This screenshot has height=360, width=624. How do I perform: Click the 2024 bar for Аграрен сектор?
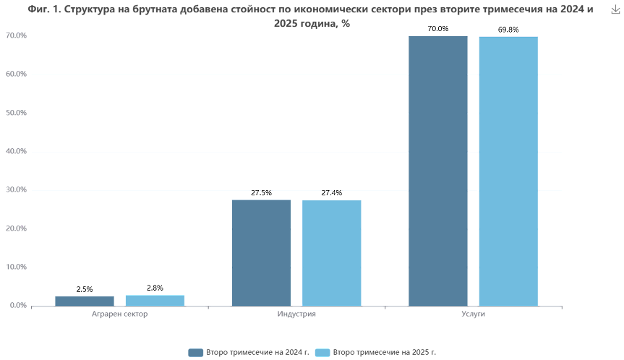[x=85, y=300]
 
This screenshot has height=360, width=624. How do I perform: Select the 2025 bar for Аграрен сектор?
[x=155, y=300]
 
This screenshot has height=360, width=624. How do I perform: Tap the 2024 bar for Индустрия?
[x=261, y=252]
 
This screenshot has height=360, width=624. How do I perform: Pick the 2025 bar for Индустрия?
[x=332, y=252]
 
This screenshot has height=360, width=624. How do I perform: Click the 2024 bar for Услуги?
[x=437, y=171]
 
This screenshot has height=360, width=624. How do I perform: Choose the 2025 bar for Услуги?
[x=508, y=171]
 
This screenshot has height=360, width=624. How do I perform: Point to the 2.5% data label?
[x=85, y=289]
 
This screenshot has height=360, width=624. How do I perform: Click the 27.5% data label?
[x=261, y=193]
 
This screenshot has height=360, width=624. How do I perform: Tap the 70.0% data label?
[x=437, y=29]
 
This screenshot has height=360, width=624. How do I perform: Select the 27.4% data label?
[x=332, y=193]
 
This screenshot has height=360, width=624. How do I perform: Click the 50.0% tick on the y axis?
[x=16, y=113]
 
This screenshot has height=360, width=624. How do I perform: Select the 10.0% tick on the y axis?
[x=16, y=267]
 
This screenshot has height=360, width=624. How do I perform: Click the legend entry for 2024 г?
[x=249, y=352]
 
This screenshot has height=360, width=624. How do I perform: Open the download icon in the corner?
[x=615, y=9]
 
